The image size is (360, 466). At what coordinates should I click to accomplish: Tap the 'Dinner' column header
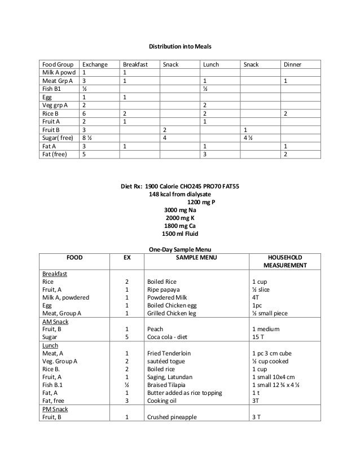[292, 65]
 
